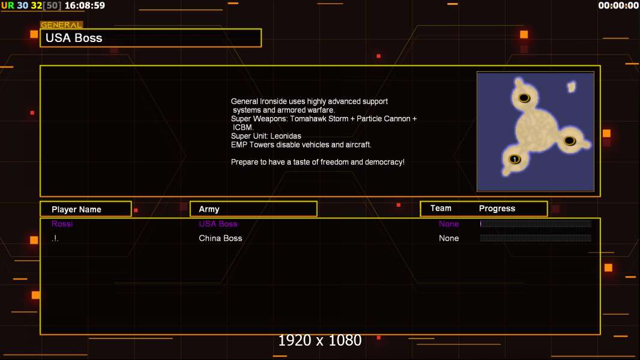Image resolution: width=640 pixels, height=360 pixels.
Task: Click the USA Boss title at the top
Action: click(74, 38)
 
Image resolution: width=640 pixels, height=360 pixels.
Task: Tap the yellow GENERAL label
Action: click(61, 25)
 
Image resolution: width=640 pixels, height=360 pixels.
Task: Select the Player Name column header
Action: click(76, 209)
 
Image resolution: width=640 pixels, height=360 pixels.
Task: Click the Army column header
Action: click(209, 209)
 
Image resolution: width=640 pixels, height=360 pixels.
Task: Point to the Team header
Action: click(441, 208)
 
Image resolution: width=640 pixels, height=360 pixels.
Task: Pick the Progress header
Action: click(497, 208)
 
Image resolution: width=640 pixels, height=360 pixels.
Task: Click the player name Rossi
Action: click(62, 224)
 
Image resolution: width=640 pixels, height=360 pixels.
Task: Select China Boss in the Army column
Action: click(220, 238)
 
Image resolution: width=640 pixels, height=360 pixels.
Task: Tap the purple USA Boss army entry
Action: click(218, 224)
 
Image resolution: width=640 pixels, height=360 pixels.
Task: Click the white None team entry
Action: click(448, 238)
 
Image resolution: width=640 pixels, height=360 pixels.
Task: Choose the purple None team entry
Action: click(448, 224)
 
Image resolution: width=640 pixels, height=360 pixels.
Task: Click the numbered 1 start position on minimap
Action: click(515, 159)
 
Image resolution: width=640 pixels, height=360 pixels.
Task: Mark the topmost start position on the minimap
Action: click(524, 98)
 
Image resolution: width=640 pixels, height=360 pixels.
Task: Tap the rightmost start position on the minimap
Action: click(570, 141)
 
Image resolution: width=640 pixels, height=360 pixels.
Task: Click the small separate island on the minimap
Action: click(572, 86)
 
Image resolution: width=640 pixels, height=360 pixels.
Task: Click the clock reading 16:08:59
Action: click(85, 6)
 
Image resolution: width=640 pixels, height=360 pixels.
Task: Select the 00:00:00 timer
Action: click(618, 6)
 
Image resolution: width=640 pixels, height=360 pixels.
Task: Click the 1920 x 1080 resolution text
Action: click(319, 340)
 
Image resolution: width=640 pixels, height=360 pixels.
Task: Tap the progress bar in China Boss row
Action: click(536, 238)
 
